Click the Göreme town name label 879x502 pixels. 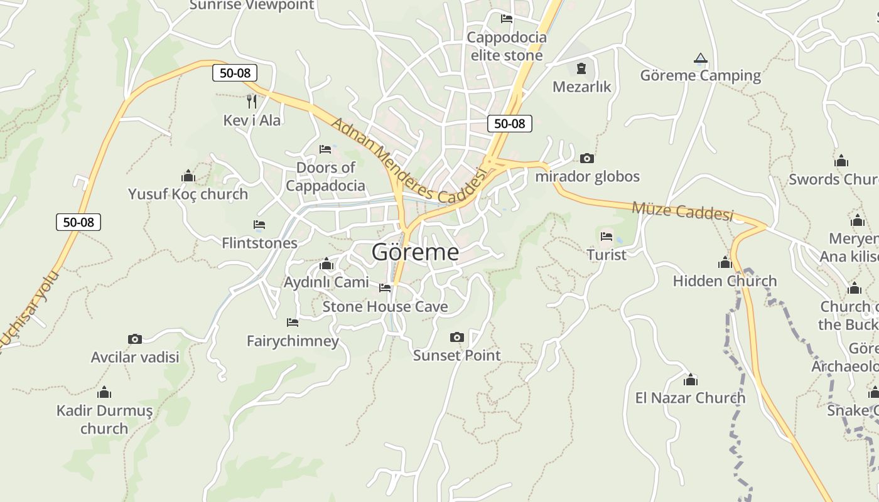coord(415,252)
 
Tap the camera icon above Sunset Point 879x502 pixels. coord(457,338)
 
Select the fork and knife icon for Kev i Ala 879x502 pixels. coord(252,101)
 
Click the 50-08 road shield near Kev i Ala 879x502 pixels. coord(235,73)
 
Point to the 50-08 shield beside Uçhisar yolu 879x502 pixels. coord(78,222)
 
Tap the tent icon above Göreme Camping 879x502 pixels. coord(700,58)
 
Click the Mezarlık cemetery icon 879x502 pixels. coord(581,68)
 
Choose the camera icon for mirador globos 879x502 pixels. coord(587,158)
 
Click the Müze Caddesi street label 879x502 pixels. coord(682,211)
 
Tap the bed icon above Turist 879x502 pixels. coord(607,237)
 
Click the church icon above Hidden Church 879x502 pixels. coord(725,263)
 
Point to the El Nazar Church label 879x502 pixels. coord(690,398)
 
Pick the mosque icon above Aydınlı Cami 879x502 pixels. coord(326,264)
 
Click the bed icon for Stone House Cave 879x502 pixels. coord(385,288)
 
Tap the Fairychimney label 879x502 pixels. coord(293,341)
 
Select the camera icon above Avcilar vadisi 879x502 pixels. coord(135,339)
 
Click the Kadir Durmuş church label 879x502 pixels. coord(104,420)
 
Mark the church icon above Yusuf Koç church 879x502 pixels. coord(188,176)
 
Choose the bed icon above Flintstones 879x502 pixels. coord(259,225)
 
